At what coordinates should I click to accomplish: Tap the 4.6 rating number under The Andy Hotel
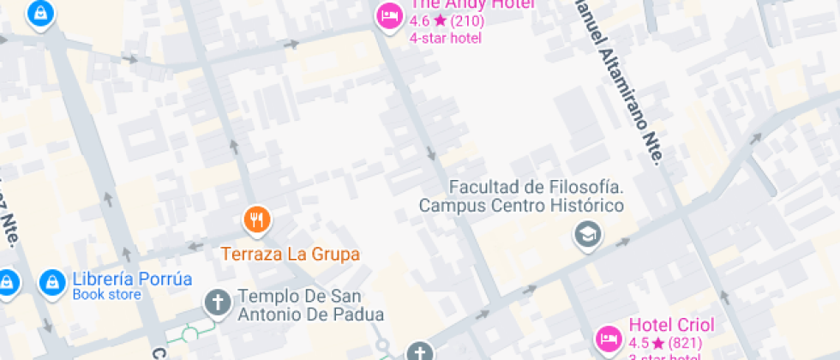tap(419, 21)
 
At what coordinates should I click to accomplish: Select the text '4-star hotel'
tap(445, 38)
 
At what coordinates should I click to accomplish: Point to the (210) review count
tap(467, 21)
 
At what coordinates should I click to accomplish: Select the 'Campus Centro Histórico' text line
tap(521, 206)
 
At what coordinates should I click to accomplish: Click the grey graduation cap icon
tap(588, 234)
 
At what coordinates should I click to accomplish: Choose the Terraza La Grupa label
tap(291, 254)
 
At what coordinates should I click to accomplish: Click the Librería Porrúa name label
tap(132, 279)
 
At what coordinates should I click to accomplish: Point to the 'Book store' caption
tap(106, 296)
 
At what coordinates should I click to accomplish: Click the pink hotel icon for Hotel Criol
tap(609, 338)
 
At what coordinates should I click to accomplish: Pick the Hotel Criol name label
tap(671, 326)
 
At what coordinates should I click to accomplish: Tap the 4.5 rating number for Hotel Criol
tap(639, 343)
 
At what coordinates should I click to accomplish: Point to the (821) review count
tap(685, 343)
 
